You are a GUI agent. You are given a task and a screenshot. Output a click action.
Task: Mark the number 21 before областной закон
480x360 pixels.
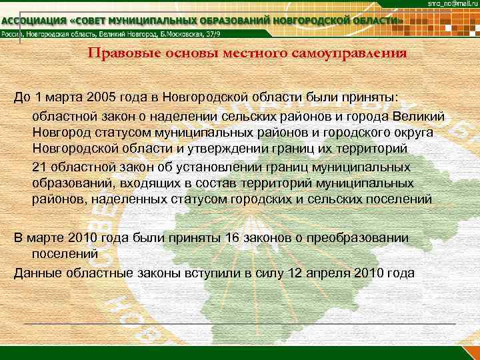tap(39, 167)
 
